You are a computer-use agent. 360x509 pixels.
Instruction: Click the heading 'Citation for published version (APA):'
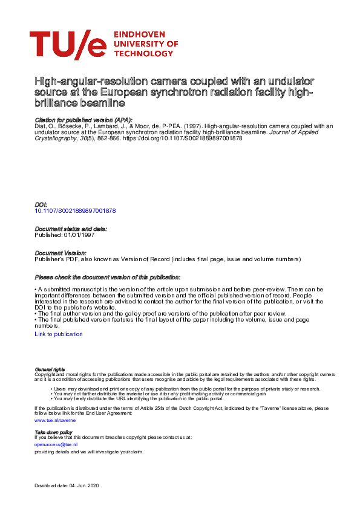pyautogui.click(x=83, y=120)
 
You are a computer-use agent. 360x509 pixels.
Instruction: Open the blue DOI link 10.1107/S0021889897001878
pyautogui.click(x=75, y=211)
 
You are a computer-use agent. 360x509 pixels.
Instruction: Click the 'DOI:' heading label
pyautogui.click(x=41, y=205)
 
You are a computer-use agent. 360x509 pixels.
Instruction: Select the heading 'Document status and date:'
pyautogui.click(x=71, y=229)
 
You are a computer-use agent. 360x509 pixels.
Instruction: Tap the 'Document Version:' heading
pyautogui.click(x=61, y=253)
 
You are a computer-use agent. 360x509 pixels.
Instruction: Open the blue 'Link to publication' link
pyautogui.click(x=59, y=334)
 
